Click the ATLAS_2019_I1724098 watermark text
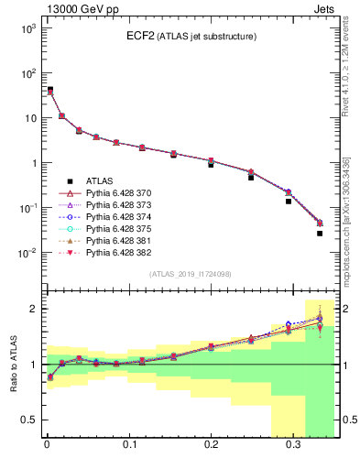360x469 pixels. click(190, 274)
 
